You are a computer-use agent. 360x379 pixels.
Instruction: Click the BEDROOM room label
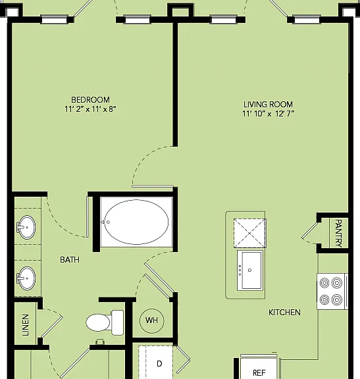click(90, 100)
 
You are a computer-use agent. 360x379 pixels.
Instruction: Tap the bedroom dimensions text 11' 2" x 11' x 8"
click(90, 109)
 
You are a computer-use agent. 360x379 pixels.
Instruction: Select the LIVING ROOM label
click(268, 105)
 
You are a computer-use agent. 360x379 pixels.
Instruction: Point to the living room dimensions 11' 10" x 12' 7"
click(269, 114)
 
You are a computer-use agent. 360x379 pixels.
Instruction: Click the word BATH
click(70, 260)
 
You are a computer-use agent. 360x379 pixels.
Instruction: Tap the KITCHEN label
click(284, 313)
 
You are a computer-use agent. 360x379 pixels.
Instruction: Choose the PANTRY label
click(339, 233)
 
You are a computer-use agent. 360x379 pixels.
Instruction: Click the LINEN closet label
click(26, 325)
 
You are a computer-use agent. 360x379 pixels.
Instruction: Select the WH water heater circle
click(152, 320)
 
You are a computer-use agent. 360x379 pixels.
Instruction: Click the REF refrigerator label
click(259, 372)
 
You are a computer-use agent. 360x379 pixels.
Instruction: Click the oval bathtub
click(136, 222)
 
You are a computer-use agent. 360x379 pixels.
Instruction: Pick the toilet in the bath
click(105, 322)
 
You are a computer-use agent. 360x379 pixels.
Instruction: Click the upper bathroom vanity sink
click(26, 227)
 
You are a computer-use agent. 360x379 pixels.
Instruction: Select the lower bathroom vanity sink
click(26, 278)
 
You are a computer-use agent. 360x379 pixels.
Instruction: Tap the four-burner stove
click(332, 291)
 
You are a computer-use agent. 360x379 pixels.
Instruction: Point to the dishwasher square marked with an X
click(249, 233)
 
